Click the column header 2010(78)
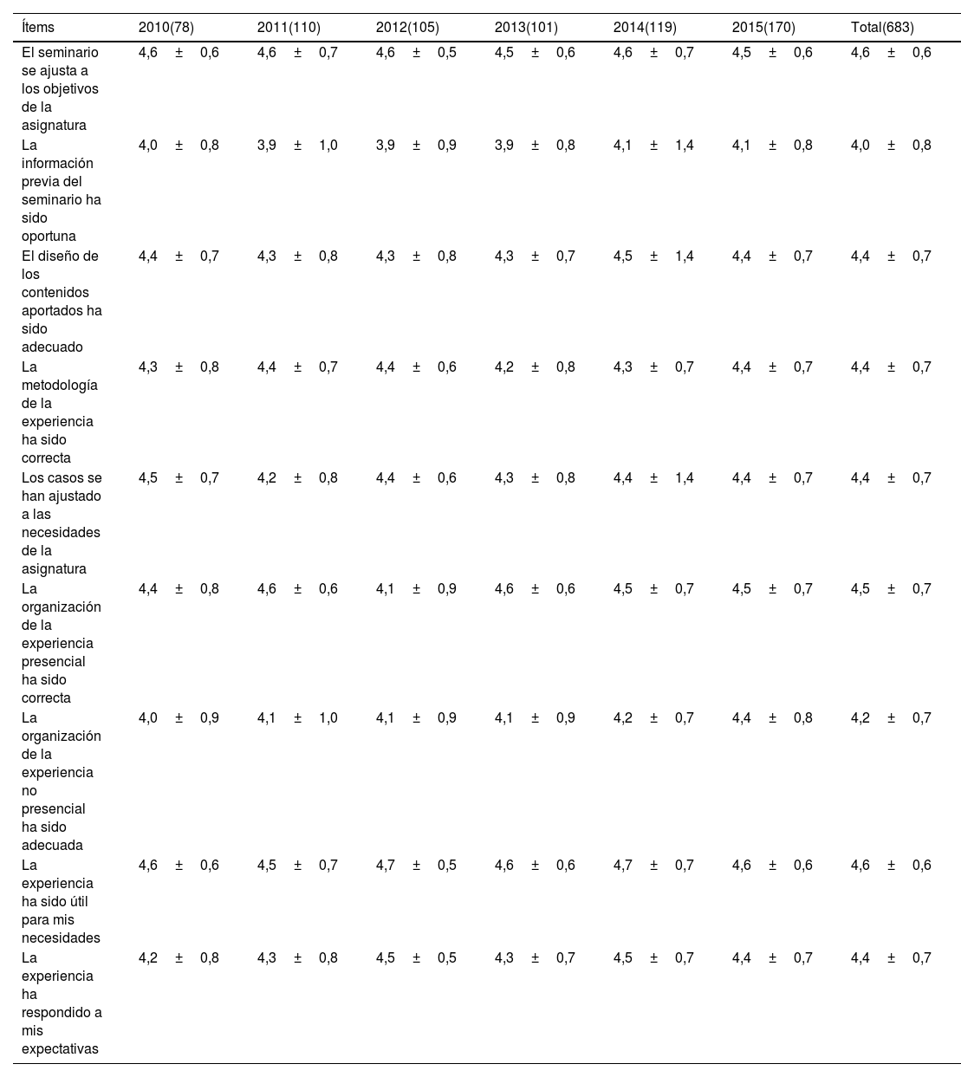click(166, 28)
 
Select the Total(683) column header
click(882, 28)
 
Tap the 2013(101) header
click(526, 28)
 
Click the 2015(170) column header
click(763, 28)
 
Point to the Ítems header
click(38, 28)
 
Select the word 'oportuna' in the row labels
click(49, 237)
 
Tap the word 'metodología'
click(59, 386)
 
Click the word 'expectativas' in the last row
click(60, 1049)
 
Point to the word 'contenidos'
click(55, 293)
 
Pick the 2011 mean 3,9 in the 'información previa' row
click(267, 146)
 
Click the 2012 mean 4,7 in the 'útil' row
click(386, 866)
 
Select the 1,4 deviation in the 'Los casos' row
click(685, 478)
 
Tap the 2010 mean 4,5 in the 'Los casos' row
click(148, 478)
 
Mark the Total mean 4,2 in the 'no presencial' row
click(860, 718)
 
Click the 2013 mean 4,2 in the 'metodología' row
click(504, 367)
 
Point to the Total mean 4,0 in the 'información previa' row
click(860, 146)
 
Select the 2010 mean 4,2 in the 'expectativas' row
click(148, 958)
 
